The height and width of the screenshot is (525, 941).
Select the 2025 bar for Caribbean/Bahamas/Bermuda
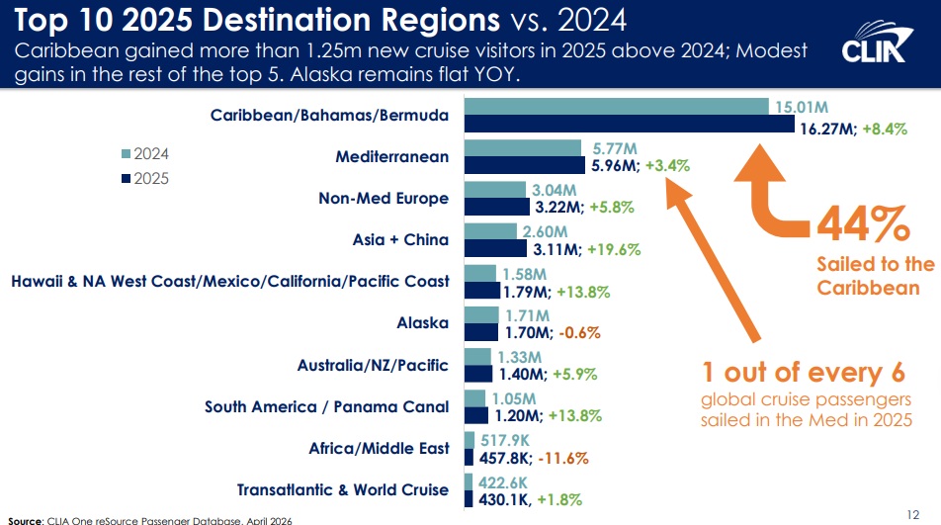[629, 126]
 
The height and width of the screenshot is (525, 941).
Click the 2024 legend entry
[144, 154]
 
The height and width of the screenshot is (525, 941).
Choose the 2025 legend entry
[144, 178]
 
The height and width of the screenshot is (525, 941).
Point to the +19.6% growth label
[615, 250]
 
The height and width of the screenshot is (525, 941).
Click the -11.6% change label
[563, 458]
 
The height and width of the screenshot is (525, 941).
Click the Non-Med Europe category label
[384, 198]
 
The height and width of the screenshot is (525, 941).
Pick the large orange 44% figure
[862, 226]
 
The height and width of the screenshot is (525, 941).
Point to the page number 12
[913, 512]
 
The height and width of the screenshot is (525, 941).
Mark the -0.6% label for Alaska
[579, 333]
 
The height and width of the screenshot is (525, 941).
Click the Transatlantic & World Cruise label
[343, 489]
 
